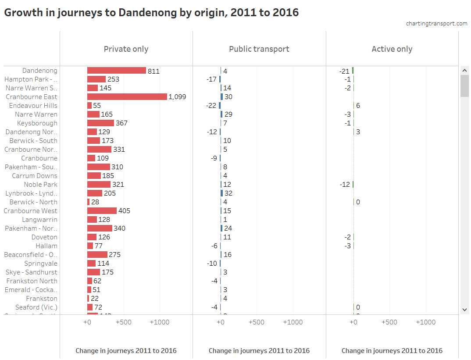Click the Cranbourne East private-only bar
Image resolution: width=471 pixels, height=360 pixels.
click(x=127, y=97)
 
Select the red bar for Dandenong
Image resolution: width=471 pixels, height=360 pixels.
click(x=117, y=71)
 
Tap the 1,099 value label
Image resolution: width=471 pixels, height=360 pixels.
click(x=177, y=97)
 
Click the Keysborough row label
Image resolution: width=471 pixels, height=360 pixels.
click(x=37, y=123)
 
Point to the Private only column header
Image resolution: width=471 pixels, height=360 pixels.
click(x=126, y=49)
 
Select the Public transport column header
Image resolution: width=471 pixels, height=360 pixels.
click(x=259, y=49)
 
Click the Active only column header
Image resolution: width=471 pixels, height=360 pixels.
click(x=392, y=49)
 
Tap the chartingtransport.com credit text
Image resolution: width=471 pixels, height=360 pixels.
click(x=437, y=24)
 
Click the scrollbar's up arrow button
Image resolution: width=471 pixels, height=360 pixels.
click(x=464, y=70)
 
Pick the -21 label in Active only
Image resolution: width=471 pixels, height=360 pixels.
click(x=344, y=71)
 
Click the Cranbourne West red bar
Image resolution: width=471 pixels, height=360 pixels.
click(x=102, y=211)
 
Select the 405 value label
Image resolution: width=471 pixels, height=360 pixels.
click(x=124, y=211)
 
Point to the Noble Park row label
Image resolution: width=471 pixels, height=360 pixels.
click(x=41, y=185)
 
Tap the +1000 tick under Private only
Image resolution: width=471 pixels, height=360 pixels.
click(x=160, y=322)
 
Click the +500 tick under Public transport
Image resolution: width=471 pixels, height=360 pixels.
click(x=257, y=322)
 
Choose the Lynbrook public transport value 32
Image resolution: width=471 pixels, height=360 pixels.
click(x=228, y=193)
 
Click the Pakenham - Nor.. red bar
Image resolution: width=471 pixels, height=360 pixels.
click(x=100, y=228)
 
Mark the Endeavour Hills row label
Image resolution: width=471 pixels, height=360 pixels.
click(x=33, y=106)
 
